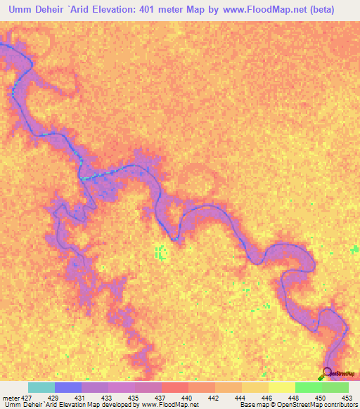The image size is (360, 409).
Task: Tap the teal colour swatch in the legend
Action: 41,388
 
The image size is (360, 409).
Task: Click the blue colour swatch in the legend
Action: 68,388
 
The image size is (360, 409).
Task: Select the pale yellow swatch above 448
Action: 282,388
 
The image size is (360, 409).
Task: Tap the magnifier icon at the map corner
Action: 327,373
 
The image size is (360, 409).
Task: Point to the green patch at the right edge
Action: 355,249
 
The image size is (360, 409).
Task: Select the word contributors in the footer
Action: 340,404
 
